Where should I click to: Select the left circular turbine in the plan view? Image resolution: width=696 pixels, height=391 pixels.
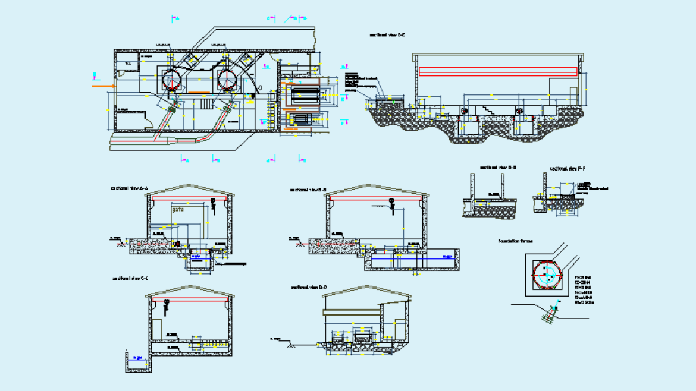(x=171, y=80)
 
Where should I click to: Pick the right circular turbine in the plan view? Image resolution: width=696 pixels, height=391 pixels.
(x=228, y=79)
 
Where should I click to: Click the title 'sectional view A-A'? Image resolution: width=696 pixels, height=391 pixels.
(x=129, y=188)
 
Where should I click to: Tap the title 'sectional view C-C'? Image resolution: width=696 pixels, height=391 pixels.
(x=130, y=278)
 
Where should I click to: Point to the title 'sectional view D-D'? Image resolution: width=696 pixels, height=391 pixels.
(x=309, y=287)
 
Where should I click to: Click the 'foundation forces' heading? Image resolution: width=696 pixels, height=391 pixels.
(x=515, y=241)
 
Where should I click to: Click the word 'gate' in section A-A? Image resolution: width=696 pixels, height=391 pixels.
(x=178, y=210)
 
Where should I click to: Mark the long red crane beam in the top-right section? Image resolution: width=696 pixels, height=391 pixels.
(x=498, y=71)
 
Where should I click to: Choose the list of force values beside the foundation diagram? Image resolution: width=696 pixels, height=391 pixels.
(x=584, y=289)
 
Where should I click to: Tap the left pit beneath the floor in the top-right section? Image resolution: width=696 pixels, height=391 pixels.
(x=467, y=130)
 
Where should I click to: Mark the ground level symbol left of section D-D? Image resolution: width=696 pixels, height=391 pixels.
(x=291, y=343)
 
